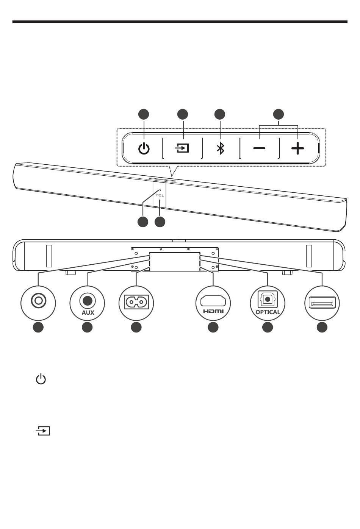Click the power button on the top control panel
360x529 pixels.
pos(144,148)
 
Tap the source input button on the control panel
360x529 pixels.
pos(183,148)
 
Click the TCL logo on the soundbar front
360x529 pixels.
pos(160,195)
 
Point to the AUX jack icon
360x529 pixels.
pos(87,300)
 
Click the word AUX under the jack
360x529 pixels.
pos(88,313)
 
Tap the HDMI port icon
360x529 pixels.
pos(213,301)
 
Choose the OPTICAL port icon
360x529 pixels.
pos(268,299)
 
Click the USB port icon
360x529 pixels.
pos(322,303)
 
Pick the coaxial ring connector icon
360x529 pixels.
pos(38,301)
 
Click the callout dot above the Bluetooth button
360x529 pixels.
pos(220,114)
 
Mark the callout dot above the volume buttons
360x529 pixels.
pos(279,114)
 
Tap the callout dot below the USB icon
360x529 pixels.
pos(322,328)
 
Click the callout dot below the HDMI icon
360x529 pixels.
pos(213,328)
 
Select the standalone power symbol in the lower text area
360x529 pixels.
pos(41,379)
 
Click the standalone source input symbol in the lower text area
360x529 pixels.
pos(43,431)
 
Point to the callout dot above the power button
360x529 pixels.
pos(143,114)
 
